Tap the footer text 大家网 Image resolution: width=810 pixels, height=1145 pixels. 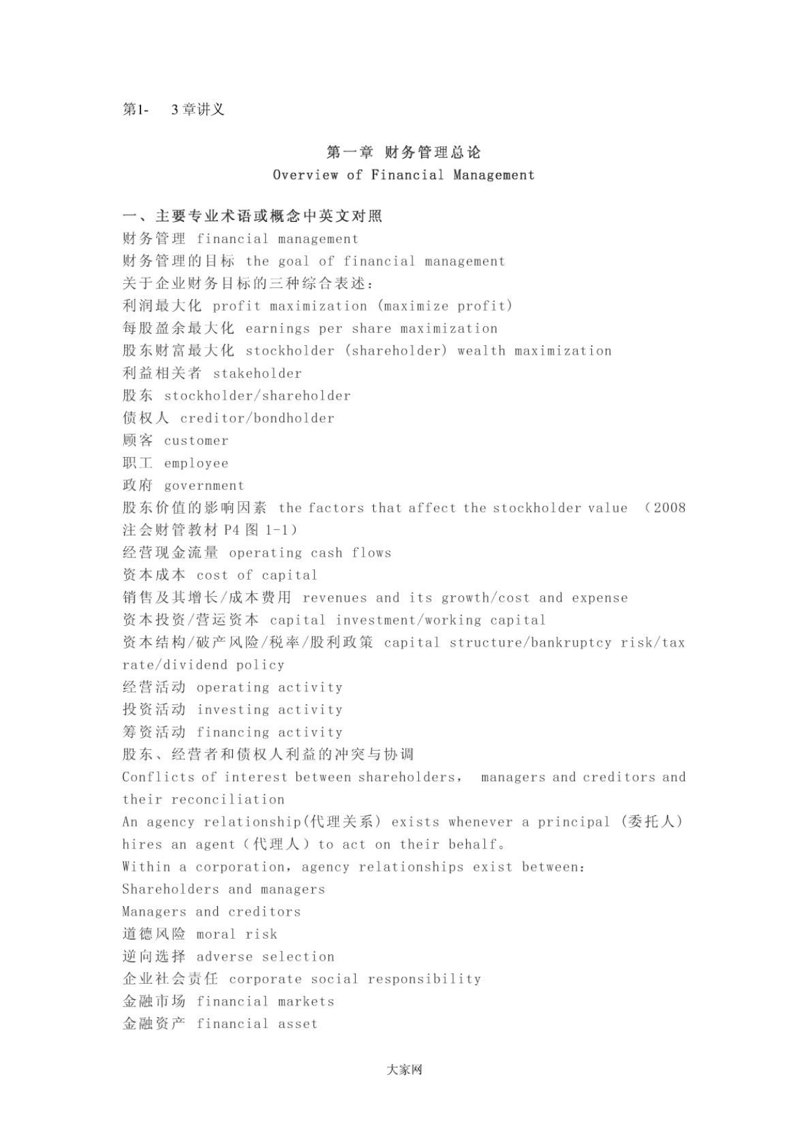point(404,1070)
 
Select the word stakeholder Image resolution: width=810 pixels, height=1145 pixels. point(258,373)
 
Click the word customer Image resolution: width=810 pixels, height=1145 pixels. point(196,441)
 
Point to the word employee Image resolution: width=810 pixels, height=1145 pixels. point(196,463)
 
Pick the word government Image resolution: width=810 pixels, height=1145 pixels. point(204,486)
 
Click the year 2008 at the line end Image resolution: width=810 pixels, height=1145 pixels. point(669,508)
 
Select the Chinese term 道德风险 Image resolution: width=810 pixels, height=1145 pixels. point(154,934)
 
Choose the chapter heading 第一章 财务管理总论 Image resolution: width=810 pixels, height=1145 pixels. point(404,152)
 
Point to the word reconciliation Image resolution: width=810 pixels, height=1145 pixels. point(228,800)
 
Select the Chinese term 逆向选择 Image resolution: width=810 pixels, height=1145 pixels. point(154,956)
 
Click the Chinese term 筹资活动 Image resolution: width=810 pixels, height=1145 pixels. point(154,732)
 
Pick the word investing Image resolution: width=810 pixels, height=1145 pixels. point(233,710)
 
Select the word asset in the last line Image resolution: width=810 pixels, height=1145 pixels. point(298,1024)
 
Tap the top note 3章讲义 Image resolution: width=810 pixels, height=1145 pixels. point(198,110)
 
